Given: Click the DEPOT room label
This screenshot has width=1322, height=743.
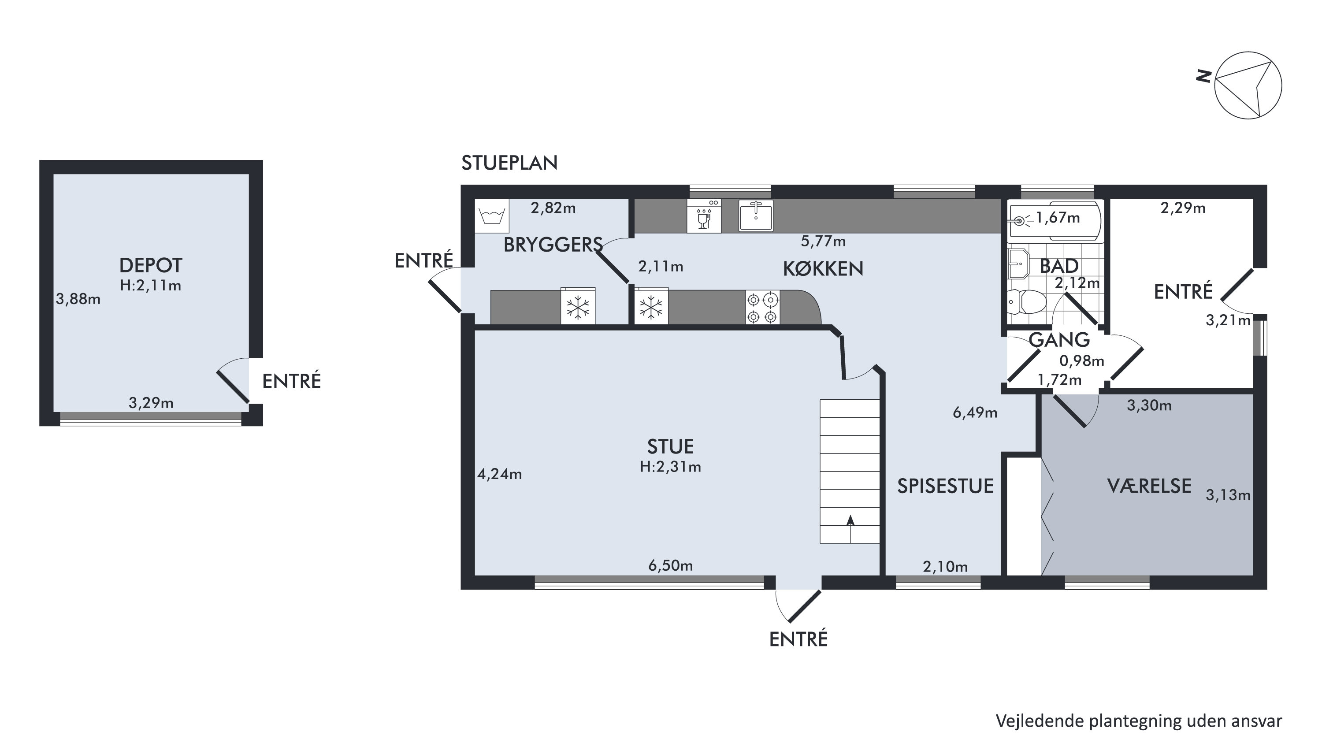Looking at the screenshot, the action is coord(150,265).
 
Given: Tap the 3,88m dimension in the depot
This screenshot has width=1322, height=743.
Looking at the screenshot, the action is coord(78,299).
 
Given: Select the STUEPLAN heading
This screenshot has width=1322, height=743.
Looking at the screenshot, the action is coord(509,163).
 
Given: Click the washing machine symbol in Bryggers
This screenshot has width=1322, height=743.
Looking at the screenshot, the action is coord(492,216).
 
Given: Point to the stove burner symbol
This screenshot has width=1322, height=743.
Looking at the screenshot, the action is coord(763,307).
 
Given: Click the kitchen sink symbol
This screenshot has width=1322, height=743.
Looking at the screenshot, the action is coord(756,215).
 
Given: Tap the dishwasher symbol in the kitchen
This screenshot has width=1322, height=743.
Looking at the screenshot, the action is coord(704,216).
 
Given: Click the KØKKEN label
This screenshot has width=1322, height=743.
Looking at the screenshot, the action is coord(823,269).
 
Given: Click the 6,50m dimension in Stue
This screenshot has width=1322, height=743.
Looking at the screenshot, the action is coord(670,565).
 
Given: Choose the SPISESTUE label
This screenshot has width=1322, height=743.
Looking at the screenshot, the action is coord(945,486).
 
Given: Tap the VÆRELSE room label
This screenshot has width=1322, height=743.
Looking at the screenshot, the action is coord(1149,486).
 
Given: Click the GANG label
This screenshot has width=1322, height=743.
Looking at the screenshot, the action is coord(1059,340).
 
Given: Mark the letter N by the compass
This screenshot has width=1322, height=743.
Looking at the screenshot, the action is coord(1203,76).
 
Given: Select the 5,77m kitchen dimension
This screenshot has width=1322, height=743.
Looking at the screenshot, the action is coord(823,241).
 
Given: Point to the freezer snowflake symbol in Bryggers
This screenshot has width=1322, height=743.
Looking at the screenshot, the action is coord(578,307).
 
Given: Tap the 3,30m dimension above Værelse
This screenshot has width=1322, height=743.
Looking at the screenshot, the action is coord(1149,405).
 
